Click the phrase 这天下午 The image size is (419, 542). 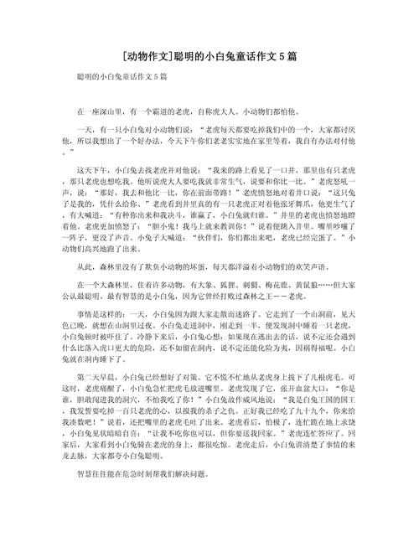[x=86, y=168]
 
